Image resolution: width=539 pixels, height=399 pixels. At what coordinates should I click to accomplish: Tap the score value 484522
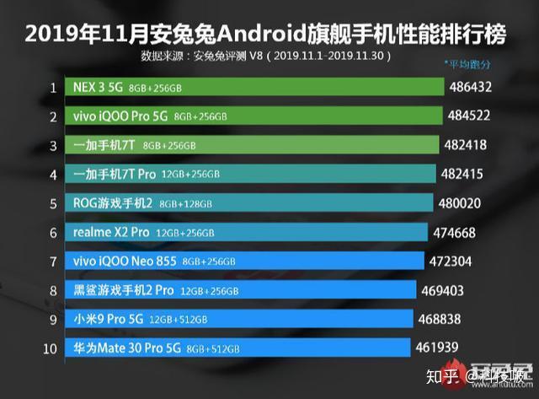tap(470, 116)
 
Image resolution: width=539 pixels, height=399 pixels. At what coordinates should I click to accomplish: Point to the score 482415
tap(462, 174)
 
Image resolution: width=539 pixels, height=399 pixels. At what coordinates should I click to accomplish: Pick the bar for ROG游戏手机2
tap(252, 203)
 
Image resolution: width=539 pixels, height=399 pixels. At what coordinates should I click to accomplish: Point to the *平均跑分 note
tap(467, 64)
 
